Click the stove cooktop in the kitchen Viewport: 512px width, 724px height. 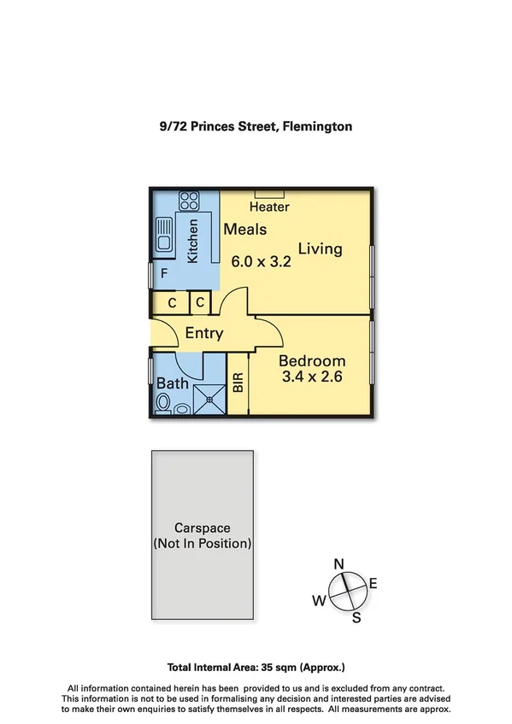(x=188, y=201)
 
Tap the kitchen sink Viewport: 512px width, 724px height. (x=165, y=235)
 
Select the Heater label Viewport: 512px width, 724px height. (x=269, y=207)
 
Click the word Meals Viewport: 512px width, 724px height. (x=245, y=230)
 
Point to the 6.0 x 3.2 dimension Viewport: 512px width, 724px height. (x=262, y=262)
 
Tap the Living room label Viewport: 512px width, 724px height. (x=320, y=248)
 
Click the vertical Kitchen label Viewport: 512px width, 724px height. (x=193, y=241)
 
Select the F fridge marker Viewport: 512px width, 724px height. (x=164, y=275)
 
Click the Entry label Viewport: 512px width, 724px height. (x=203, y=333)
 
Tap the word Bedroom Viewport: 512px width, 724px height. (x=312, y=360)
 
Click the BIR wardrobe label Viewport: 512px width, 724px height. (x=238, y=382)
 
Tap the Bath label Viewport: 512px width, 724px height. (x=173, y=383)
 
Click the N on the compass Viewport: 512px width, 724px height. (x=338, y=563)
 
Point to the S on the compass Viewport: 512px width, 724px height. (x=356, y=617)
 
